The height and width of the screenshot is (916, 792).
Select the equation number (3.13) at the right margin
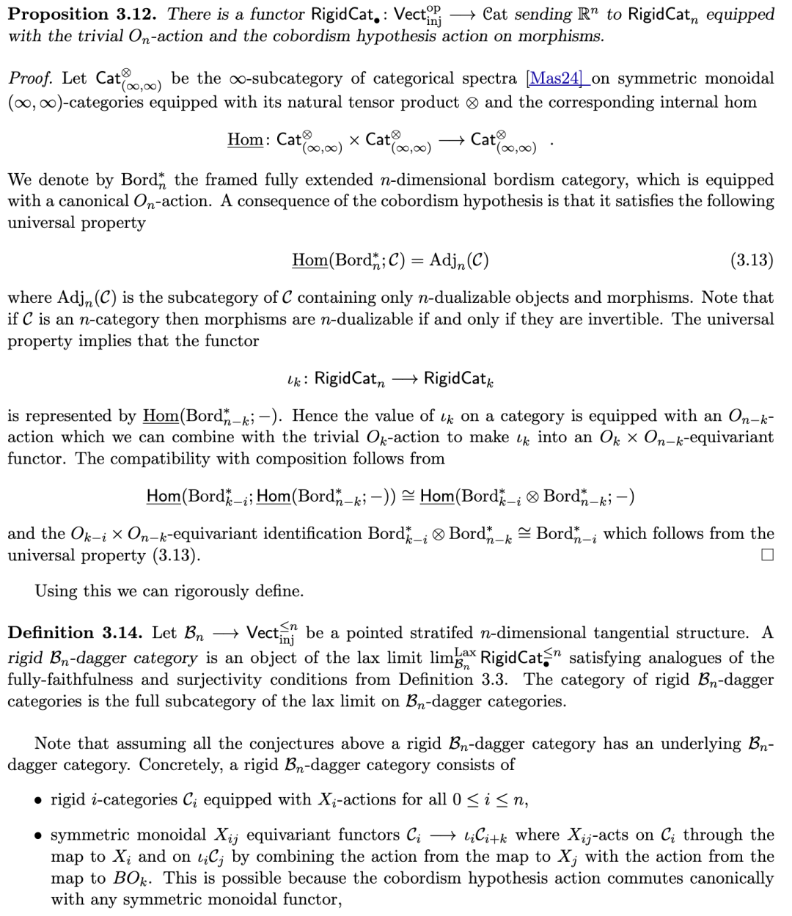(x=752, y=260)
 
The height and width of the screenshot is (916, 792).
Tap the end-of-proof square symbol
(x=767, y=555)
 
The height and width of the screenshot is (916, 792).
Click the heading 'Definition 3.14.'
(x=76, y=633)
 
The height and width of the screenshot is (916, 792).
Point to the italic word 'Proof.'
(x=32, y=78)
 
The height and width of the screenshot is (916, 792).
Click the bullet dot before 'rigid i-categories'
(x=37, y=800)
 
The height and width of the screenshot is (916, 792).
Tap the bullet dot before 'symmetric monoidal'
(x=37, y=835)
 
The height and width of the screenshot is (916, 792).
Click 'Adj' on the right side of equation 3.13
(x=445, y=260)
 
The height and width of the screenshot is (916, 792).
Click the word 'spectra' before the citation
(x=492, y=78)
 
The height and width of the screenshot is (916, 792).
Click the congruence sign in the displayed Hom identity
(x=410, y=497)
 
